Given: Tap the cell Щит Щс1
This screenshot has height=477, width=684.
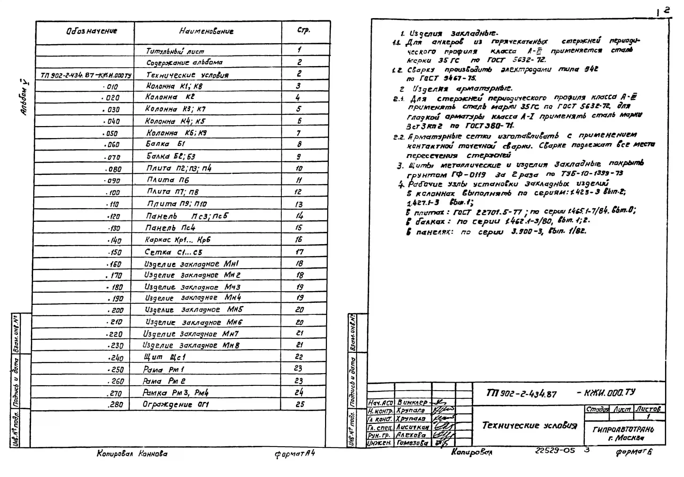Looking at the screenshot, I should tap(164, 357).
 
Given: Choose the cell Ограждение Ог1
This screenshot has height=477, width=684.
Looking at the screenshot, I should tap(176, 404).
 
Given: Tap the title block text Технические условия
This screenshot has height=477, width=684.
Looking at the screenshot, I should tap(529, 425).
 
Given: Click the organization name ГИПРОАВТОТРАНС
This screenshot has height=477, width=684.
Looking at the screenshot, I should tap(623, 429).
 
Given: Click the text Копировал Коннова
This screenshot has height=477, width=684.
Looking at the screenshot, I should tap(132, 454).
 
